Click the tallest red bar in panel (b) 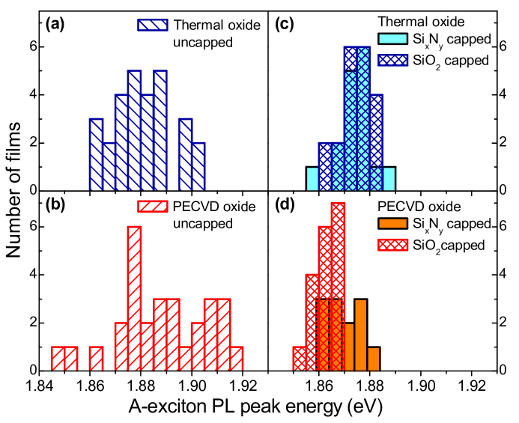coord(134,299)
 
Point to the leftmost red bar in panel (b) coord(58,359)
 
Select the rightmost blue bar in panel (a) coord(198,166)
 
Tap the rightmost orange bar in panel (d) coord(374,359)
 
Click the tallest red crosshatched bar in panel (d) coord(338,284)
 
